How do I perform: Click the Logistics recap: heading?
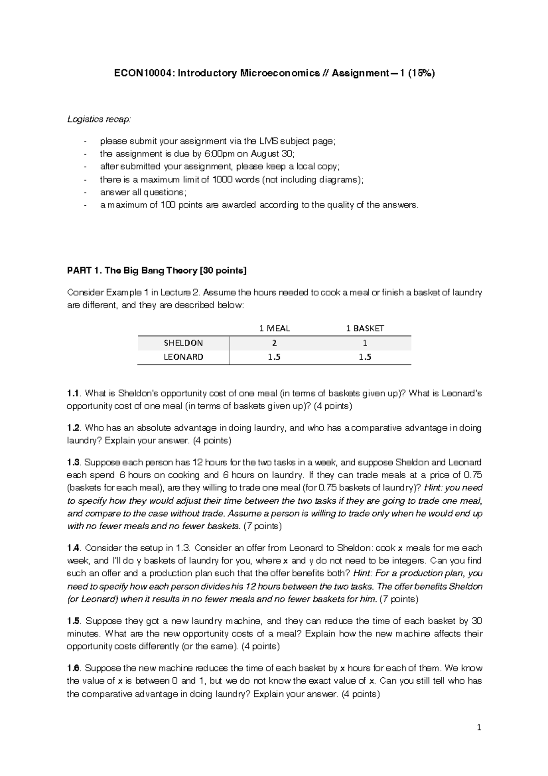(x=99, y=119)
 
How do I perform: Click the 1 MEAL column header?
(x=274, y=328)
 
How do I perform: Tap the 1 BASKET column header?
(x=365, y=328)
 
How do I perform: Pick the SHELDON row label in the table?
(x=183, y=343)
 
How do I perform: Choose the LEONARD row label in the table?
(x=183, y=357)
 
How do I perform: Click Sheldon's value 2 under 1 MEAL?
(x=274, y=343)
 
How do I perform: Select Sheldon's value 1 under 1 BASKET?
(x=365, y=343)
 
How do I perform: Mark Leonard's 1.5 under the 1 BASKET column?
(x=365, y=357)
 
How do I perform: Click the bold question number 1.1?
(x=73, y=393)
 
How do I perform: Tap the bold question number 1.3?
(x=73, y=462)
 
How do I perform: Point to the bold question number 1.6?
(x=73, y=668)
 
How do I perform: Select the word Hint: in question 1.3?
(x=434, y=488)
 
